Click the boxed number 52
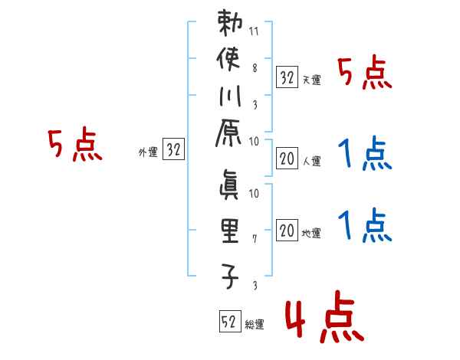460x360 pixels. (228, 322)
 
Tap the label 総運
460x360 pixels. (255, 324)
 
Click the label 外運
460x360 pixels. (148, 152)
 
